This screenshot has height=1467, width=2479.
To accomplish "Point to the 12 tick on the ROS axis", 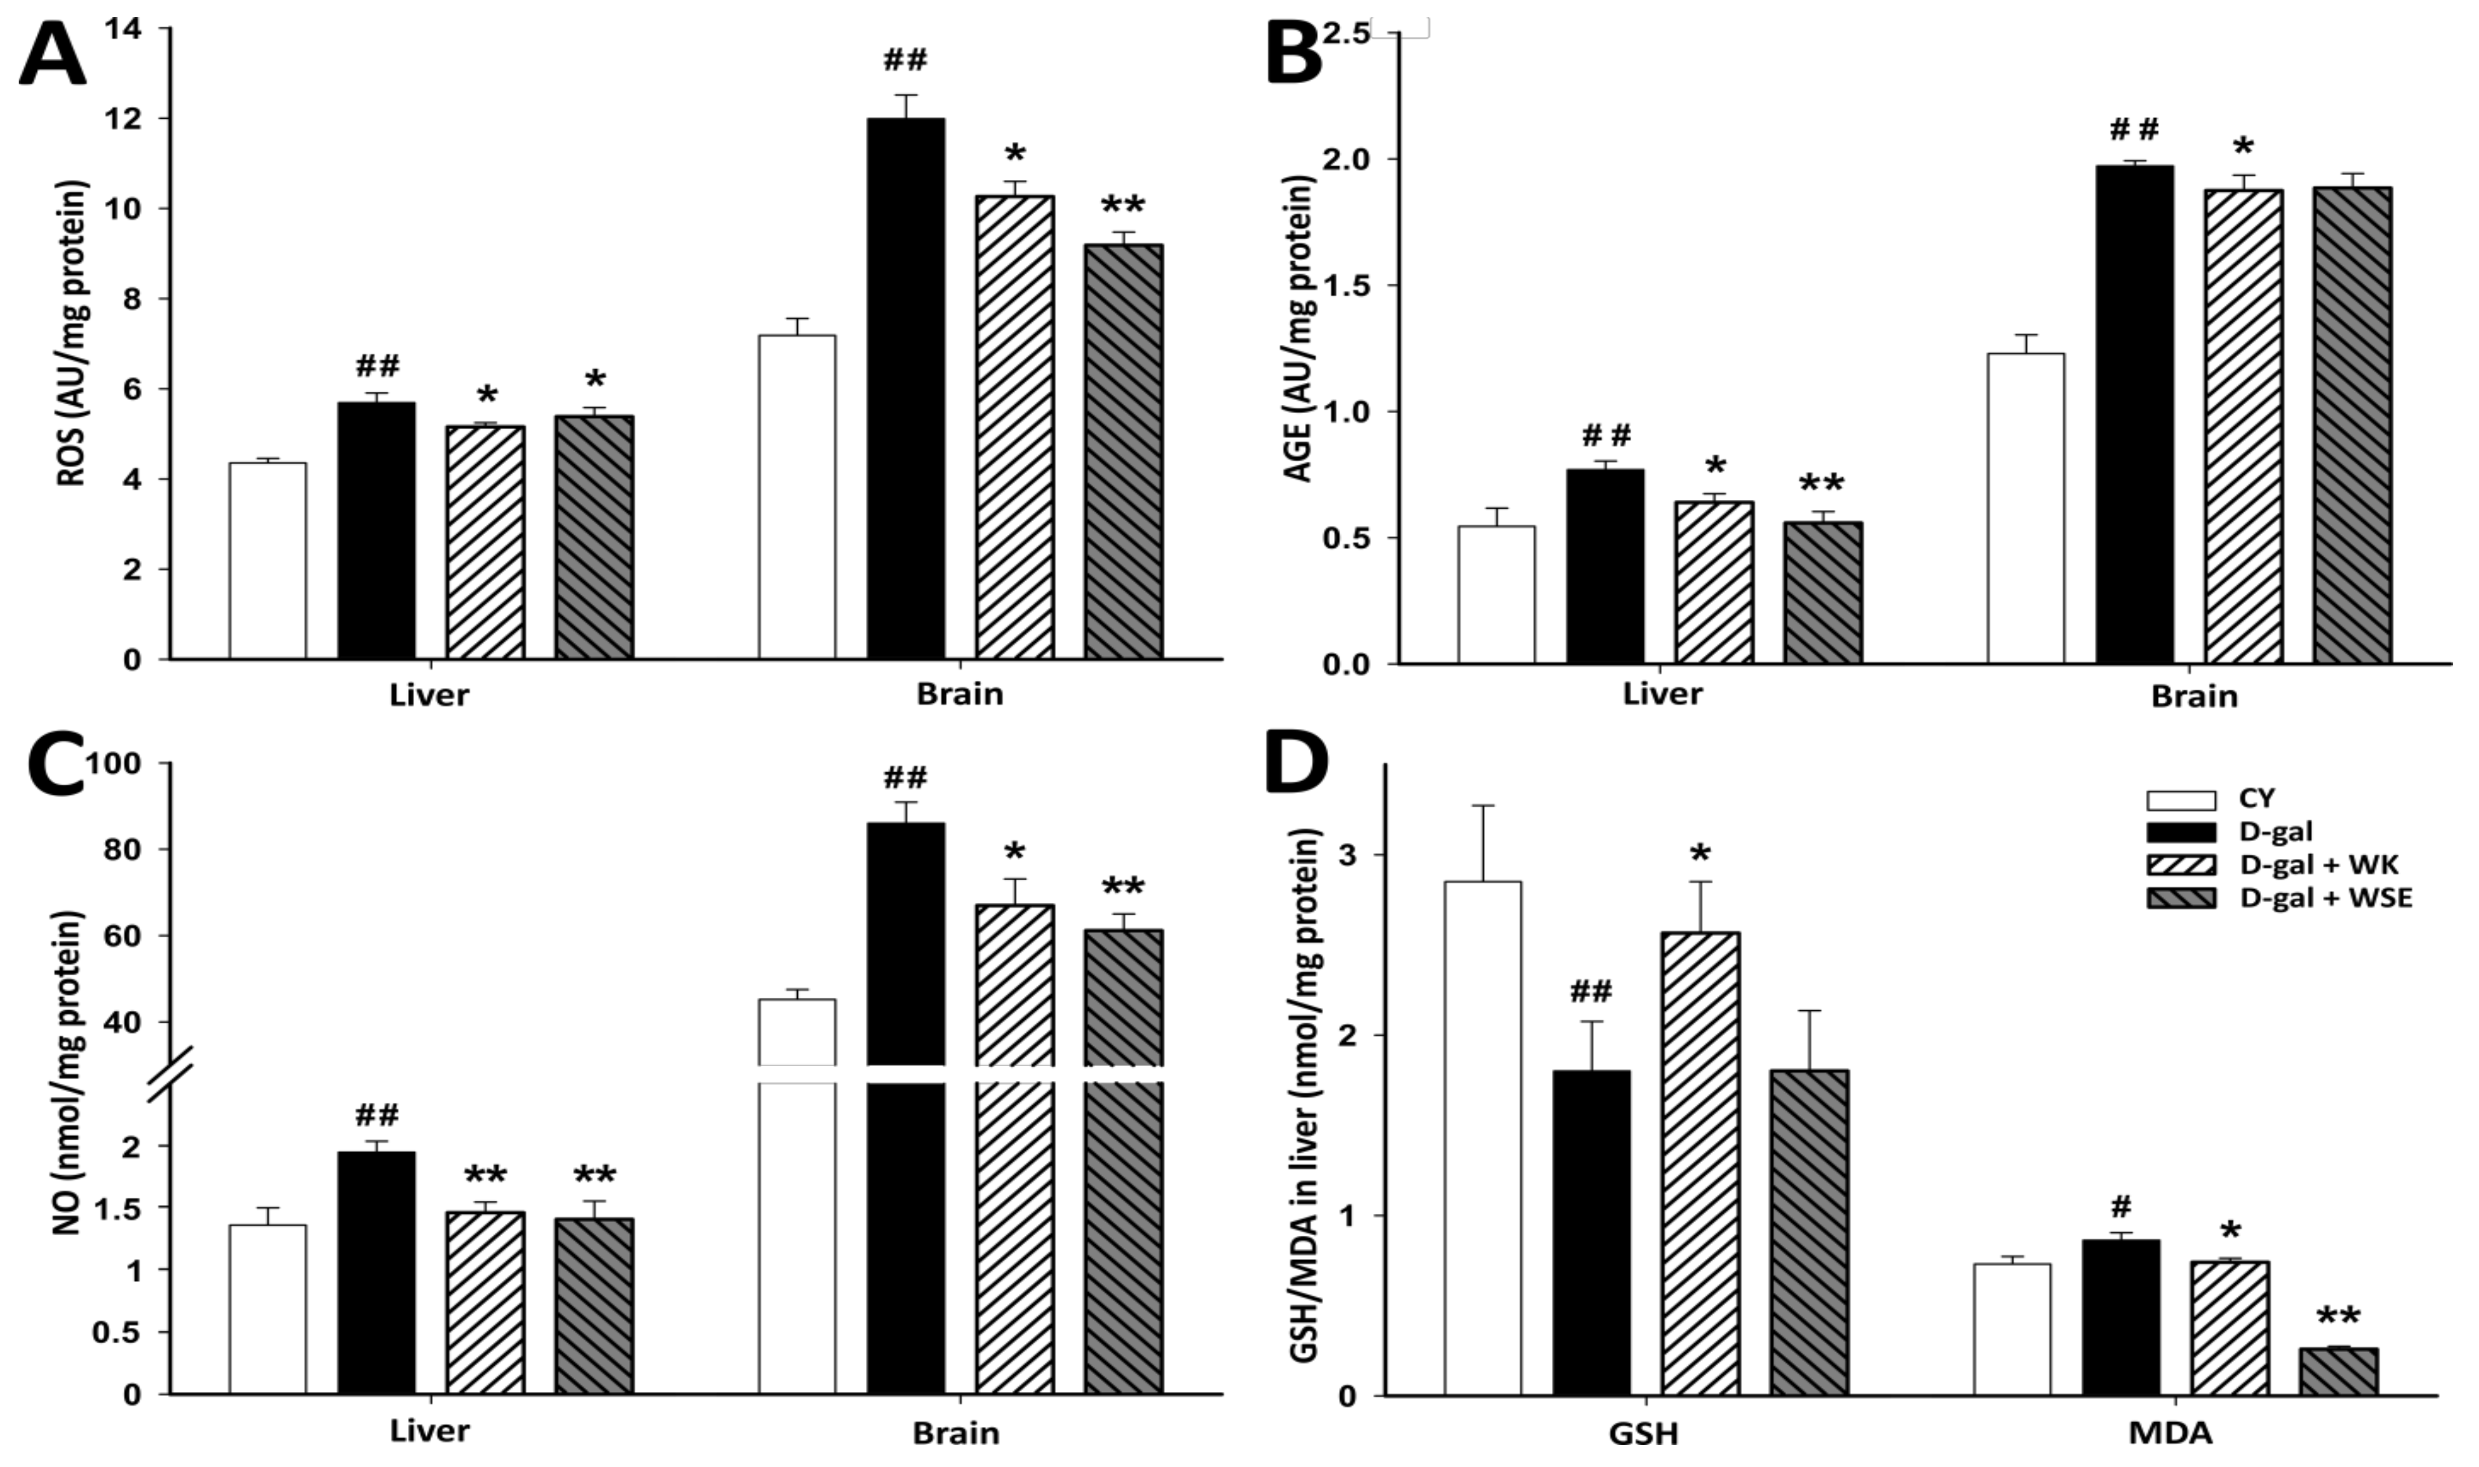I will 129,119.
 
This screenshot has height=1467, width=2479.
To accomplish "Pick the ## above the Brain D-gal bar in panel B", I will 2134,129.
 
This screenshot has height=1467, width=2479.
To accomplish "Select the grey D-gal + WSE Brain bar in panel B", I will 2352,425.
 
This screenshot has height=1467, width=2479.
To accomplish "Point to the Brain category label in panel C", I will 955,1433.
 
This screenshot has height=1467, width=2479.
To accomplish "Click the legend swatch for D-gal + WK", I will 2180,864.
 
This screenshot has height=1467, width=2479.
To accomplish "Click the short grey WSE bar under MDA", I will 2338,1372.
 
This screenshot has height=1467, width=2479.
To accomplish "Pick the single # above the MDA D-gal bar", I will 2120,1206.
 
